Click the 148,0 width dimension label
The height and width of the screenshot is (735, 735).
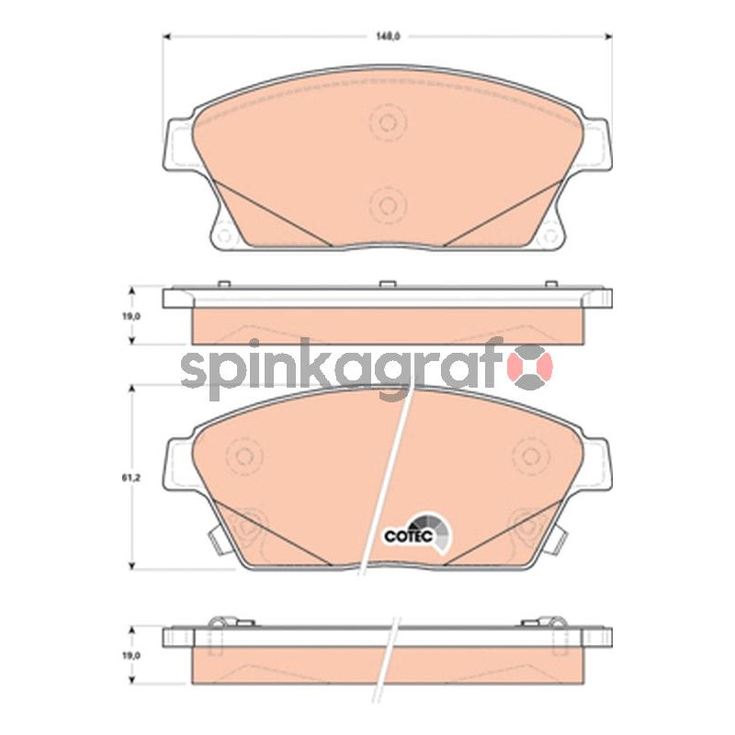click(387, 37)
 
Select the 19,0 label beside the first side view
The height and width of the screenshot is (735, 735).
click(131, 316)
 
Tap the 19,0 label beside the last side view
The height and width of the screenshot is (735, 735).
click(131, 655)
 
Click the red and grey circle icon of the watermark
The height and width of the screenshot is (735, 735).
click(533, 367)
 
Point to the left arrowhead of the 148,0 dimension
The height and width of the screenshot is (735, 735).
click(167, 36)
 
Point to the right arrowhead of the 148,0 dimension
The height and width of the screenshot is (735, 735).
click(608, 36)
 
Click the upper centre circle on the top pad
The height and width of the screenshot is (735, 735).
click(388, 123)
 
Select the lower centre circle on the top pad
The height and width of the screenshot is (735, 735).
click(388, 205)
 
